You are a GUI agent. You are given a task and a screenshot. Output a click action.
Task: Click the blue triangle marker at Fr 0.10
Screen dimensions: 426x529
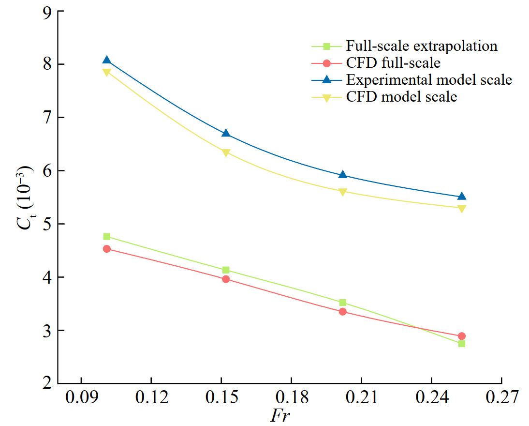(107, 61)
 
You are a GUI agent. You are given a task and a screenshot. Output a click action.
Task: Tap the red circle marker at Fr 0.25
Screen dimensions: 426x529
(462, 336)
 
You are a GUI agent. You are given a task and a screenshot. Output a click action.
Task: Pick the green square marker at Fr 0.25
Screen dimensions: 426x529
(462, 344)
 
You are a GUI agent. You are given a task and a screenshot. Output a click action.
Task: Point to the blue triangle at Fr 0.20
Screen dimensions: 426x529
(343, 175)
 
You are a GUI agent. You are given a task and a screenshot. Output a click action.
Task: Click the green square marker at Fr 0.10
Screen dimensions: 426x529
(107, 237)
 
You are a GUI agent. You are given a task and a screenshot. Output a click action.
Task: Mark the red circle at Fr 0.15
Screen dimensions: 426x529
(226, 279)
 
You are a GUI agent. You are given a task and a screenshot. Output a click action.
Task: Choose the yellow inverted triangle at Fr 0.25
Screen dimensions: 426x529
(462, 209)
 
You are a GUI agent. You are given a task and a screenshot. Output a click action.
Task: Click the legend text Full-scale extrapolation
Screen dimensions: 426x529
(422, 46)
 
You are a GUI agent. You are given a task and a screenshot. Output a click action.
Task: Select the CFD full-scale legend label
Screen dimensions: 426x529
(393, 63)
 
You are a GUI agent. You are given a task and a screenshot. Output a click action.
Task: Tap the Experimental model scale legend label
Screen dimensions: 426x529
(429, 80)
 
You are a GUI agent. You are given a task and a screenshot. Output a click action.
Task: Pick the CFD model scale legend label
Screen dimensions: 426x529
(401, 97)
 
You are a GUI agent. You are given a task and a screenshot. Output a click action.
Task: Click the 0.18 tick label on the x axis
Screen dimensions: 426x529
(291, 398)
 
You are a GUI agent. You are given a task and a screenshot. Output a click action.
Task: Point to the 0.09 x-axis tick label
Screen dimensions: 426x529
(81, 398)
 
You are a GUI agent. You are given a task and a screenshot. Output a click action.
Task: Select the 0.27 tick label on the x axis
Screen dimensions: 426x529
(501, 398)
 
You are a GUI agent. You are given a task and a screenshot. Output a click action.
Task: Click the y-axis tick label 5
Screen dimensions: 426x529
(47, 224)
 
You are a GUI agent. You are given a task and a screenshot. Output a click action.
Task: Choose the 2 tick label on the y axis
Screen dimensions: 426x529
(47, 384)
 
